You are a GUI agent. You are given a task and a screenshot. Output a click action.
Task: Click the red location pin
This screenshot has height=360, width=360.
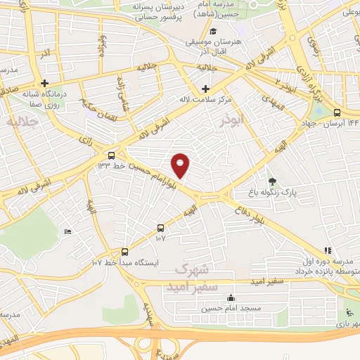(x=181, y=166)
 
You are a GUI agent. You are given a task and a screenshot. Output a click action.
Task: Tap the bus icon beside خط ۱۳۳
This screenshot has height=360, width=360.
(x=112, y=155)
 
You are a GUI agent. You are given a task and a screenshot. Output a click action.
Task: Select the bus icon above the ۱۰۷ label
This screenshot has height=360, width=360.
(x=161, y=227)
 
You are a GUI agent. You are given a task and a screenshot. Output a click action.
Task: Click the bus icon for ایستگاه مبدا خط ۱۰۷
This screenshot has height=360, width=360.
(x=125, y=252)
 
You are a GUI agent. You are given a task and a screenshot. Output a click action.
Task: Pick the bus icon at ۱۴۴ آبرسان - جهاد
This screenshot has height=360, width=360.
(x=337, y=112)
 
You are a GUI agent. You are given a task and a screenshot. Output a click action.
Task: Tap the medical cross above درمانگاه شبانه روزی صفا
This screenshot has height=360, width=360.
(x=44, y=83)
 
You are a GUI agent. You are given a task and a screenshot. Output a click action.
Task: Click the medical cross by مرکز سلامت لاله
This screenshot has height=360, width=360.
(x=205, y=89)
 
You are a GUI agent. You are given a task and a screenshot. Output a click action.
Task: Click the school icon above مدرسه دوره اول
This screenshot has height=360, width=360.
(x=327, y=250)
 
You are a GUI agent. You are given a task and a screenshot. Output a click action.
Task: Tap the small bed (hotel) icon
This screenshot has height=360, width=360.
(x=68, y=231)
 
